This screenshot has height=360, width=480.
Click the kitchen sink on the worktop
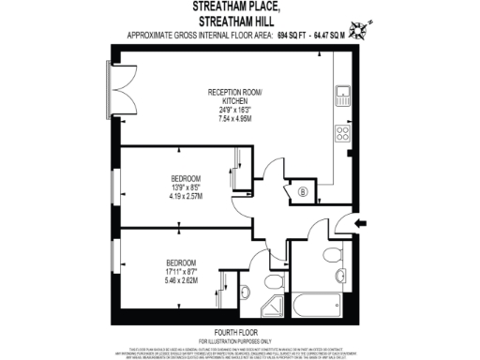pyautogui.click(x=343, y=93)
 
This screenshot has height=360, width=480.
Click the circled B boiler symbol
pyautogui.click(x=303, y=193)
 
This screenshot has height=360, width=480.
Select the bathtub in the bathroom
pyautogui.click(x=319, y=303)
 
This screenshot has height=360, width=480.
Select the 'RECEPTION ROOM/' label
pyautogui.click(x=236, y=92)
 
